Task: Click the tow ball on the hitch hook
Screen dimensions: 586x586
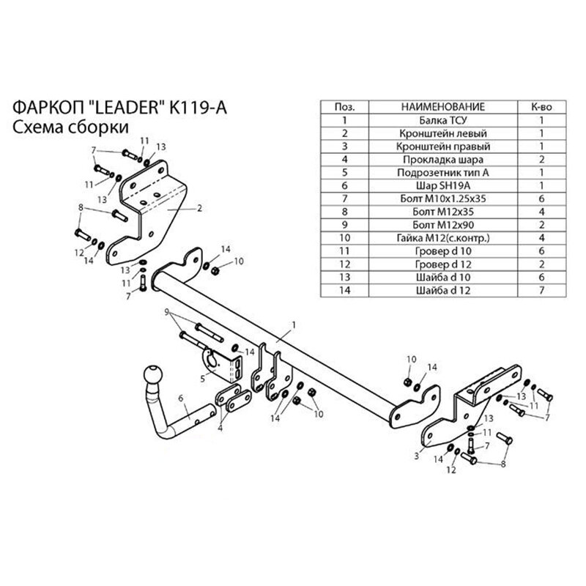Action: pos(154,374)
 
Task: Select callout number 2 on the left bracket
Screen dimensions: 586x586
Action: pos(199,207)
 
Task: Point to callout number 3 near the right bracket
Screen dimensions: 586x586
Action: pos(416,456)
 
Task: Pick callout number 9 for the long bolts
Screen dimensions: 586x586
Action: pos(167,311)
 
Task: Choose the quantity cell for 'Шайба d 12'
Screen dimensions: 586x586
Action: pos(541,292)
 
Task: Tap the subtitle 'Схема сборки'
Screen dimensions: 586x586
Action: pos(71,126)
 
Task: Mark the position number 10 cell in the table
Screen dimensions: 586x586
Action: pos(344,239)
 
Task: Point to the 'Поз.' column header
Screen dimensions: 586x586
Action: pos(344,107)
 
